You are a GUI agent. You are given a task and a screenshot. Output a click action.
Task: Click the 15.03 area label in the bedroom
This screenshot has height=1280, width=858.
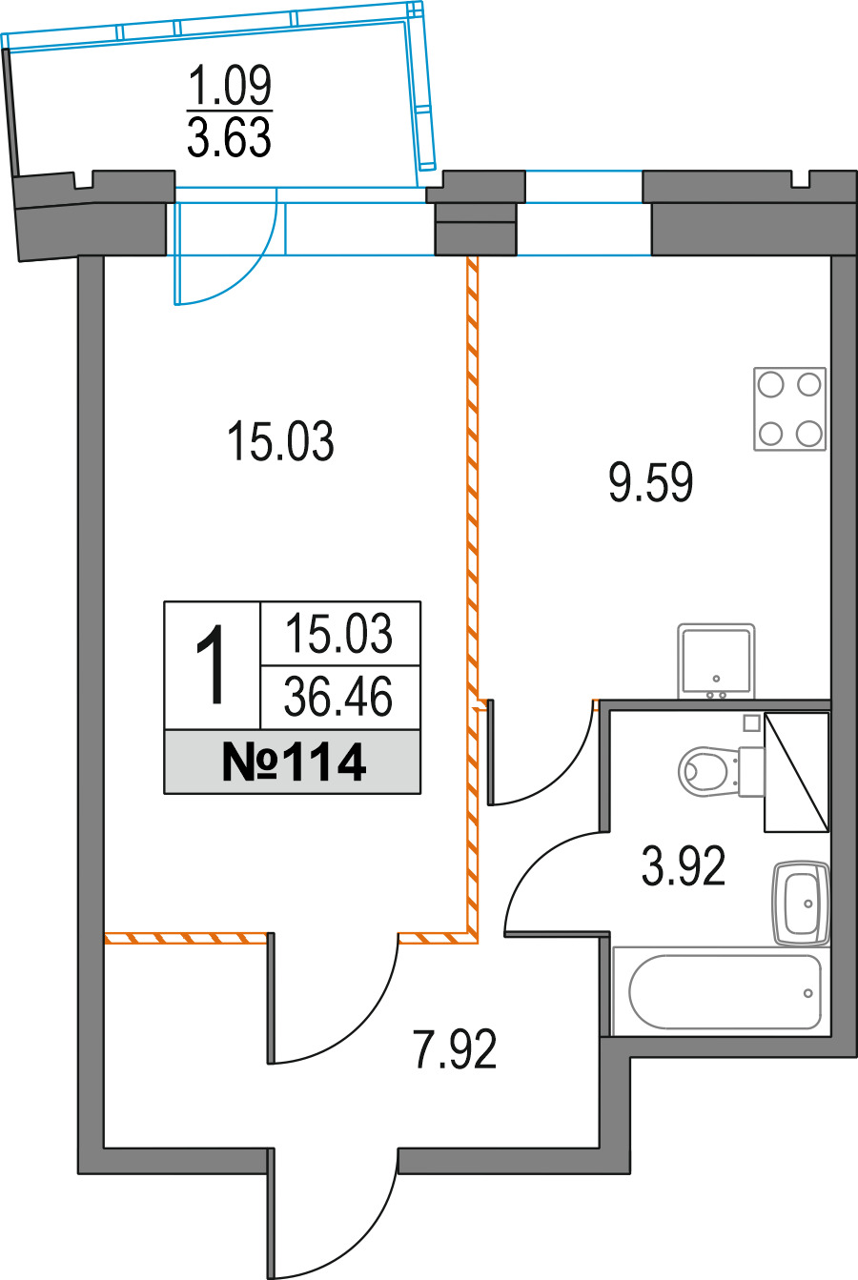click(x=281, y=443)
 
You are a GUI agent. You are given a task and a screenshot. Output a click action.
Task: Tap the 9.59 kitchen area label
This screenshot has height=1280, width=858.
click(x=651, y=482)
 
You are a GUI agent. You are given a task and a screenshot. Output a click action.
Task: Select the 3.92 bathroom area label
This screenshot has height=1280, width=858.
click(x=684, y=866)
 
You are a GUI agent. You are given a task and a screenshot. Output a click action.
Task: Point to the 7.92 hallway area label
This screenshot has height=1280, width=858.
click(x=455, y=1050)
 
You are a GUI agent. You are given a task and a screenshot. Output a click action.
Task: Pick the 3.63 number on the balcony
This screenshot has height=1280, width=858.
click(x=230, y=138)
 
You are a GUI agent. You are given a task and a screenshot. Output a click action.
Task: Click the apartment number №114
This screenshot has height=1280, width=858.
click(x=293, y=762)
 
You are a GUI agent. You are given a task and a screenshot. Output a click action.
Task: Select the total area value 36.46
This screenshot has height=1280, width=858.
click(x=338, y=699)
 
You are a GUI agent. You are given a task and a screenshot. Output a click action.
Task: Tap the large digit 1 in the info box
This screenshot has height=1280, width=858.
click(x=212, y=666)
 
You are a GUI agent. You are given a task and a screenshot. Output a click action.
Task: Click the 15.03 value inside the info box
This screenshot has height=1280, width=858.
click(x=338, y=634)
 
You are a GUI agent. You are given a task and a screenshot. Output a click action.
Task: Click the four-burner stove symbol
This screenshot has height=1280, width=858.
click(x=789, y=410)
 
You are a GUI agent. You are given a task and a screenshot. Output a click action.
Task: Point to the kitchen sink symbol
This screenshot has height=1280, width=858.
click(x=716, y=660)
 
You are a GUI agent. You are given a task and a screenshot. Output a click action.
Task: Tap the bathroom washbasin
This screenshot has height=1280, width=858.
click(x=801, y=903)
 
